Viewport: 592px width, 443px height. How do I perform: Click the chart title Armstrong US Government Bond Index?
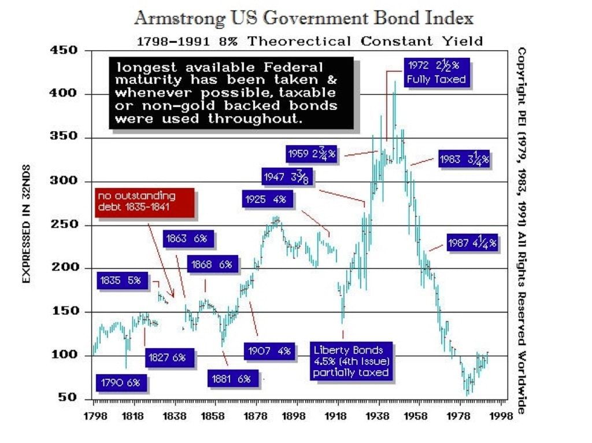point(304,18)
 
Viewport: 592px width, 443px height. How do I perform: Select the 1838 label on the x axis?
point(173,416)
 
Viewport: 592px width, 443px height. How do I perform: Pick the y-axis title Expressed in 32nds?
point(26,225)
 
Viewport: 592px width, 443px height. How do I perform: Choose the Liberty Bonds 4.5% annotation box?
point(351,361)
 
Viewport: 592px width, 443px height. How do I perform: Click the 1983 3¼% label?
point(464,159)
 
